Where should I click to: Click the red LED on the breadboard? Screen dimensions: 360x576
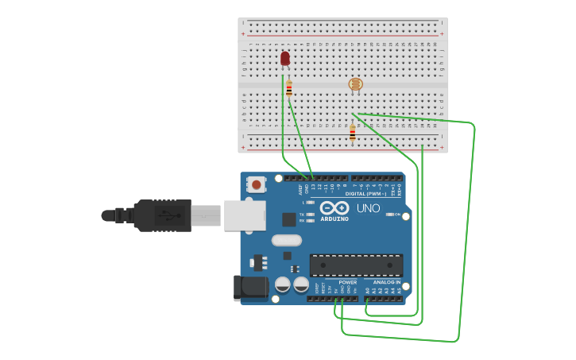pyautogui.click(x=285, y=58)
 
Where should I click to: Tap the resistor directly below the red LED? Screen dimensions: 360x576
pyautogui.click(x=289, y=88)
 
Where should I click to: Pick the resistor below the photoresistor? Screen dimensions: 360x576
pyautogui.click(x=353, y=133)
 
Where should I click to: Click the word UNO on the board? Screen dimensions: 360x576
pyautogui.click(x=367, y=207)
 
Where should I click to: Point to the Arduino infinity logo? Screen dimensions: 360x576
pyautogui.click(x=334, y=207)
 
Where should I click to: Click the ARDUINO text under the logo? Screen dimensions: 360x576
pyautogui.click(x=334, y=219)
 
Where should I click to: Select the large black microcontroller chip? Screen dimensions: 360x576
pyautogui.click(x=356, y=265)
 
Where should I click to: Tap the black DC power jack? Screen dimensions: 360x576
pyautogui.click(x=249, y=288)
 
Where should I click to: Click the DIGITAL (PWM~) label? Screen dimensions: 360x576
pyautogui.click(x=365, y=194)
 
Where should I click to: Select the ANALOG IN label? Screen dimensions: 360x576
pyautogui.click(x=387, y=282)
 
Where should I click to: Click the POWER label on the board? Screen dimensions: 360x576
pyautogui.click(x=347, y=282)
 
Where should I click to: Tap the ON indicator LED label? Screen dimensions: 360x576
pyautogui.click(x=396, y=215)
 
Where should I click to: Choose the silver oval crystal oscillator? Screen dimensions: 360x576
pyautogui.click(x=287, y=240)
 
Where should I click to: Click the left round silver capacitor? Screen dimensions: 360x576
pyautogui.click(x=282, y=284)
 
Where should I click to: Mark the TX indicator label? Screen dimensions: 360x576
pyautogui.click(x=303, y=214)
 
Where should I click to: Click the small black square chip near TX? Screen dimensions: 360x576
pyautogui.click(x=288, y=219)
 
